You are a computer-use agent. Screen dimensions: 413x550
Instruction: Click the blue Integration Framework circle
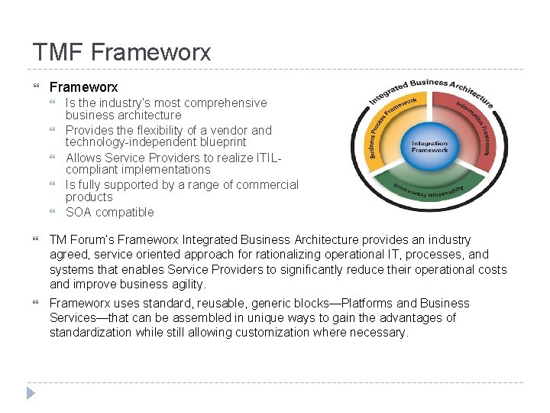(x=430, y=146)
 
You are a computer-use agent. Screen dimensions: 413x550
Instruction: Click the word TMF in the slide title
(x=58, y=52)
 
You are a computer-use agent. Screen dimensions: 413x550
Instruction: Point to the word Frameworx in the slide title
(x=150, y=52)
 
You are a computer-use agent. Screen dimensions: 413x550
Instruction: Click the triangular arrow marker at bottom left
(x=31, y=393)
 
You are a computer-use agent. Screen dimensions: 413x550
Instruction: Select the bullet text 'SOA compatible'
(x=109, y=212)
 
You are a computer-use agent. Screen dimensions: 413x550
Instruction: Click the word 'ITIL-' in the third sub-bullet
(x=269, y=157)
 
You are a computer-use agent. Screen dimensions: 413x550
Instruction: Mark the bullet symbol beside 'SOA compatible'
(x=53, y=212)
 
